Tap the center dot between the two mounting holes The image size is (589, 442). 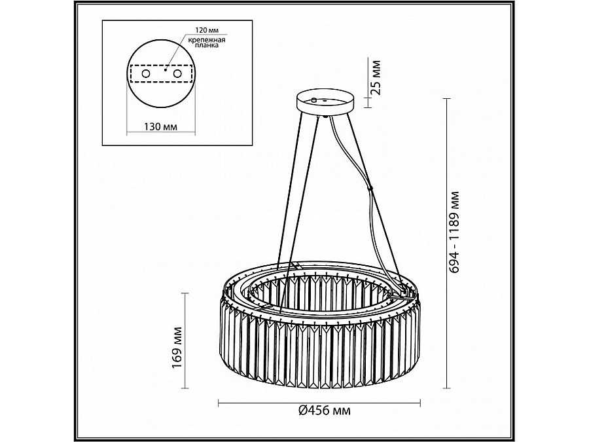pos(166,69)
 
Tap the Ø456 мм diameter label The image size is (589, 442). pos(325,411)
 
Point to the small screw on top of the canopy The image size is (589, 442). pos(314,100)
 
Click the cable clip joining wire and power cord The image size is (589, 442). pos(371,190)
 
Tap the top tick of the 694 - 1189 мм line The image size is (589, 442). pos(447,99)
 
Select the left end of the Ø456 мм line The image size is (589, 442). pos(219,401)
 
